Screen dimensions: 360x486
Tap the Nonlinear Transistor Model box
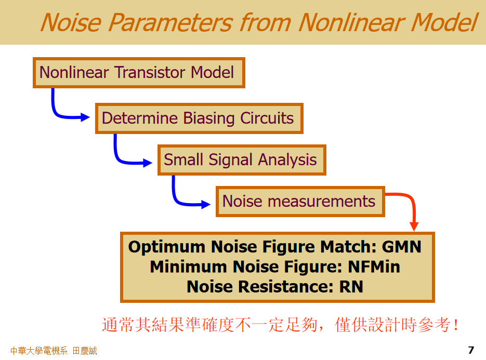point(139,72)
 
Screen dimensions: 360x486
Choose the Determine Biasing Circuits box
point(199,118)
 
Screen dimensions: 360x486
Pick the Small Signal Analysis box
point(241,159)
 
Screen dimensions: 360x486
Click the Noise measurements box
point(300,201)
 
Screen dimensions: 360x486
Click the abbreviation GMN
point(401,246)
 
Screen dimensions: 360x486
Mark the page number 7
point(471,350)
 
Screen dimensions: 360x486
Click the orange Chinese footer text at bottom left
point(54,351)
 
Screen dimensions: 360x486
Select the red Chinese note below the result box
point(281,325)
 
